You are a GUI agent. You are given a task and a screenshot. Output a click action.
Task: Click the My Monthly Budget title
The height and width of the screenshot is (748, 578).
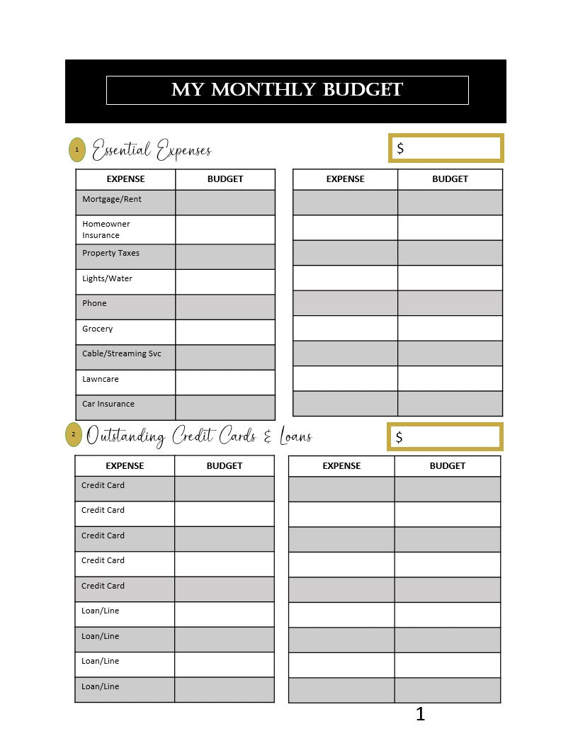287,90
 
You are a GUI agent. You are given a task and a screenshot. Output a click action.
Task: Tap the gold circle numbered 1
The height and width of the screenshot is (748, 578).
77,149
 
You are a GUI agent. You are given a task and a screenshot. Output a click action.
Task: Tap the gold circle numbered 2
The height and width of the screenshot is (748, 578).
74,434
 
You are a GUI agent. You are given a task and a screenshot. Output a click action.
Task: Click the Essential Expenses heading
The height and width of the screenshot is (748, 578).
152,150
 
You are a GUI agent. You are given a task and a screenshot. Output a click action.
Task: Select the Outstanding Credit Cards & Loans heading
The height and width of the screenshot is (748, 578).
199,436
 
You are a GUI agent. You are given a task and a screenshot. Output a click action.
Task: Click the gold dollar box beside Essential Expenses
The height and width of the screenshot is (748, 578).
446,148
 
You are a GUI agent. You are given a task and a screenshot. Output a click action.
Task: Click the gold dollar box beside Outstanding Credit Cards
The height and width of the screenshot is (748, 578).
445,436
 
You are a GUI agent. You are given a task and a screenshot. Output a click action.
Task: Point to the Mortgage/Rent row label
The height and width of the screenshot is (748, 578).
112,200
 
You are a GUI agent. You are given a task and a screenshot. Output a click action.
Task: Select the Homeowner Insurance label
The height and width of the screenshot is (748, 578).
106,229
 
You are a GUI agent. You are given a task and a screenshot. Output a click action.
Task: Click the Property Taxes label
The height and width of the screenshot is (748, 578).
111,254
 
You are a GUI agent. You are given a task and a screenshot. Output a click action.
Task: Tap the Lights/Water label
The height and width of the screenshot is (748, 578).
108,279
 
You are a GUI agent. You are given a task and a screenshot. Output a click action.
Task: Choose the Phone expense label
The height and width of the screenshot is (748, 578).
94,304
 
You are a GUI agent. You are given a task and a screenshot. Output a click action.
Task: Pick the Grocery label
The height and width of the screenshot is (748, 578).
98,329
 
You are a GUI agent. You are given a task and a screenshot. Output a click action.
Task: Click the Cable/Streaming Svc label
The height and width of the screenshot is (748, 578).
122,354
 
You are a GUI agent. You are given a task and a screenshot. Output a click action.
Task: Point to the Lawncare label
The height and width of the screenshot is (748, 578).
101,380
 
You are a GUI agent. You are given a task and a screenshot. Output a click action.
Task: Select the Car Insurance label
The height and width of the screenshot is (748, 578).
108,404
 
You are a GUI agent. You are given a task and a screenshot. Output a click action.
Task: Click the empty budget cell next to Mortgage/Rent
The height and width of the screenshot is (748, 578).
225,202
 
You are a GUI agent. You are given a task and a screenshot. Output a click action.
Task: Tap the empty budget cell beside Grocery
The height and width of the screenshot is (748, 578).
225,331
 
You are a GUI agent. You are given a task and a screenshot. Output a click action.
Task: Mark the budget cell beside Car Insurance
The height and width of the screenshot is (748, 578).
225,407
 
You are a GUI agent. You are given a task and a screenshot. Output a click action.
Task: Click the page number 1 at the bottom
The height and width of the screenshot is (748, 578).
420,714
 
